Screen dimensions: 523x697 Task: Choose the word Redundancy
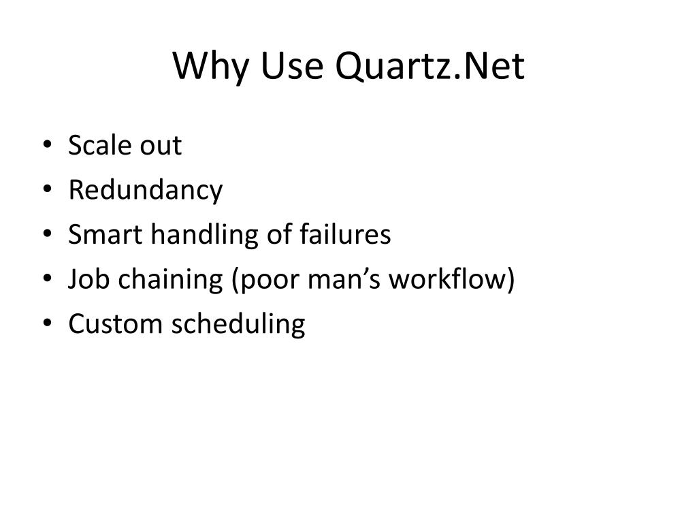[145, 191]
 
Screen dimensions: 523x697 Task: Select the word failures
[345, 235]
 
